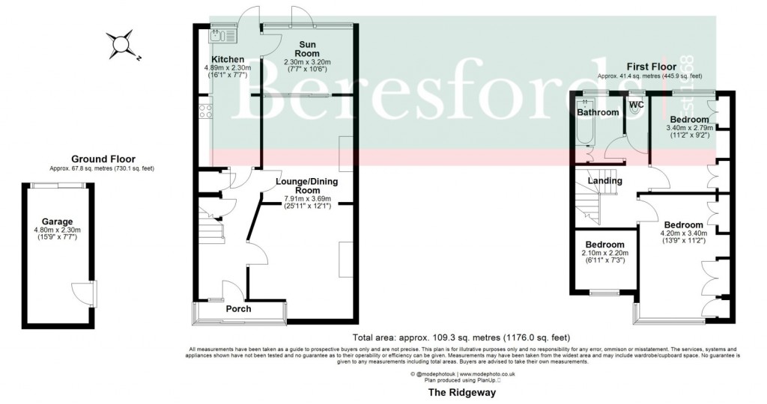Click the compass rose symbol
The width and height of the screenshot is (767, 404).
[122, 45]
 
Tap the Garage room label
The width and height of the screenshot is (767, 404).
[57, 221]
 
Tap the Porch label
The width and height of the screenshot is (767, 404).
[238, 309]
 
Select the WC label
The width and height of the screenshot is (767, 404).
[636, 104]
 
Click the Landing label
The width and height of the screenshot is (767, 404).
[604, 180]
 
